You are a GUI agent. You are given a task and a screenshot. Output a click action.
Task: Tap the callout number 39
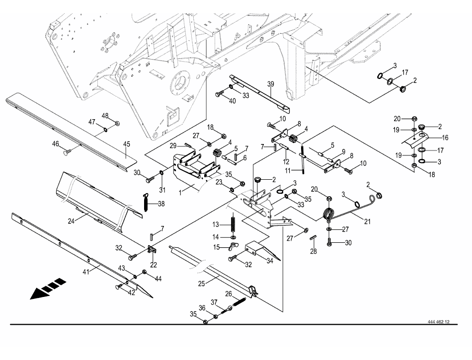pos(270,84)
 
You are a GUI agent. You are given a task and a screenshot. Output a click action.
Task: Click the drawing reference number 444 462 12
pos(438,322)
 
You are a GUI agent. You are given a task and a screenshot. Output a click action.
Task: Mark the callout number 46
pos(56,144)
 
